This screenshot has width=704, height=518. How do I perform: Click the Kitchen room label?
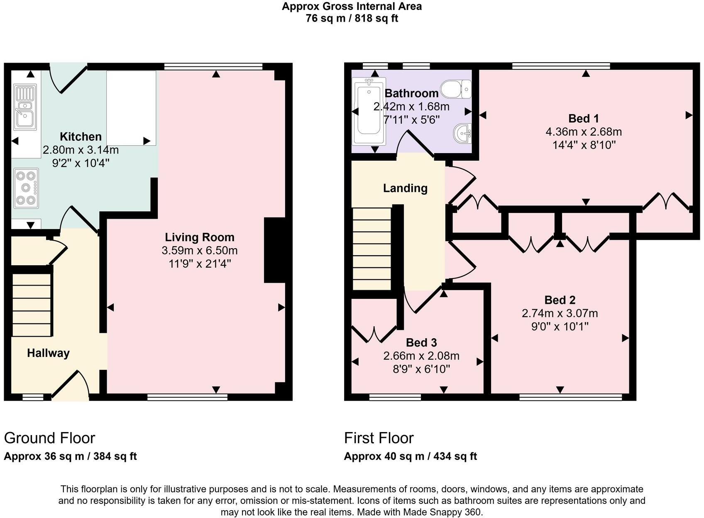(81, 137)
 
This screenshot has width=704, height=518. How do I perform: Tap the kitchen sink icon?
(25, 106)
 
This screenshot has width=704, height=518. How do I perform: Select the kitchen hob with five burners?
(26, 188)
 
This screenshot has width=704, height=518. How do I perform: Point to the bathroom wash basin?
(462, 133)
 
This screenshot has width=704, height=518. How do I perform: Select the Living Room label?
(200, 237)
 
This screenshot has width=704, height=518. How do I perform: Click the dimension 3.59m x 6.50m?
(200, 250)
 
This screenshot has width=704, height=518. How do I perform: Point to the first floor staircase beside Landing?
(372, 249)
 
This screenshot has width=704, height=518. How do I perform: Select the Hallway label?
(48, 353)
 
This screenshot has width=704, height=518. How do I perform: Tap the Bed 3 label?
(421, 342)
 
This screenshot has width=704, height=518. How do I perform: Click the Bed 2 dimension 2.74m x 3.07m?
(560, 313)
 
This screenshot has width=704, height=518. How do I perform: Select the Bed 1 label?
(583, 119)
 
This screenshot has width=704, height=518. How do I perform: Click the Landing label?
(405, 188)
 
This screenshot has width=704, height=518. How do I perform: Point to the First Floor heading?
(379, 438)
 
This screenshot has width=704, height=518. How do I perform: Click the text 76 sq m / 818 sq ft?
(352, 19)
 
